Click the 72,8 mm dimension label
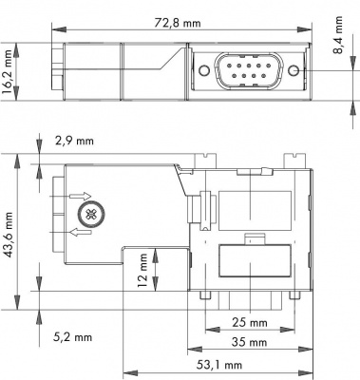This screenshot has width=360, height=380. click(x=178, y=23)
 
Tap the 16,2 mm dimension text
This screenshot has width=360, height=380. click(x=7, y=72)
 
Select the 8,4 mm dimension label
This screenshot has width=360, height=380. click(x=338, y=35)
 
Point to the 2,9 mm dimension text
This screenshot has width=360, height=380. click(x=74, y=141)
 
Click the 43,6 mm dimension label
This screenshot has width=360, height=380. click(x=9, y=235)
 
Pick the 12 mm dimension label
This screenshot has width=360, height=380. click(x=142, y=270)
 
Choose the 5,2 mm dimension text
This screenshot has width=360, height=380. click(x=72, y=337)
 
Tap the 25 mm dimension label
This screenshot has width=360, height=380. click(x=250, y=323)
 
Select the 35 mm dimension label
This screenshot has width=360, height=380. click(x=249, y=342)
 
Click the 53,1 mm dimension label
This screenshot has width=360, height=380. click(x=219, y=365)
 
